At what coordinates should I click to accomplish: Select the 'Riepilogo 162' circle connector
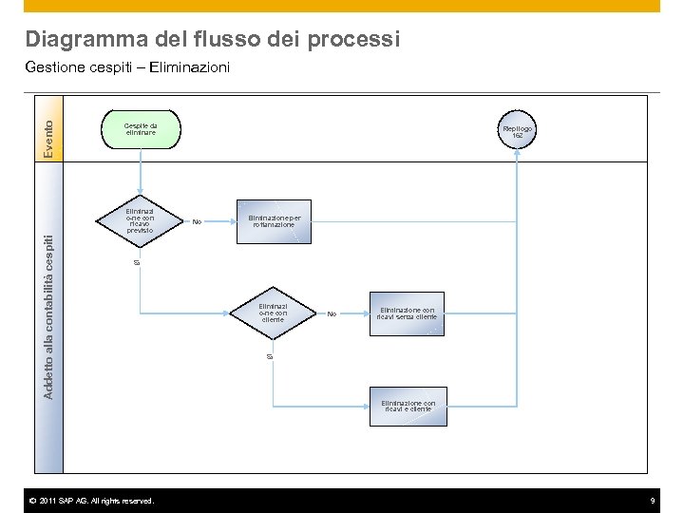click(x=517, y=132)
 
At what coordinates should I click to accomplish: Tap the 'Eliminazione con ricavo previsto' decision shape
click(x=141, y=220)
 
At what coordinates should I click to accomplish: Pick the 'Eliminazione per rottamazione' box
click(x=274, y=220)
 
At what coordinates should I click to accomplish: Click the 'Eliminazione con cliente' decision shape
click(x=273, y=313)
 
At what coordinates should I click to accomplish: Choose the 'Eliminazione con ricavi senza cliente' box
click(x=408, y=313)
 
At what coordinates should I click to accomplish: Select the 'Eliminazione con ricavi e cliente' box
click(x=408, y=406)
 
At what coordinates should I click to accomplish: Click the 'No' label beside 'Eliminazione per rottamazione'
click(x=197, y=221)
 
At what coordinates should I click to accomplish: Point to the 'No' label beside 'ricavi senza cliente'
click(x=332, y=313)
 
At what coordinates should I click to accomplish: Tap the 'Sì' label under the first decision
click(x=136, y=261)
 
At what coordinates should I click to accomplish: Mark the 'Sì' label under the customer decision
click(x=269, y=356)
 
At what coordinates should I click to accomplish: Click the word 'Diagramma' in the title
click(x=85, y=40)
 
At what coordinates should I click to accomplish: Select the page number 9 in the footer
click(x=653, y=501)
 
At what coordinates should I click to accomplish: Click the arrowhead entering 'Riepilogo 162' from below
click(x=517, y=155)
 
